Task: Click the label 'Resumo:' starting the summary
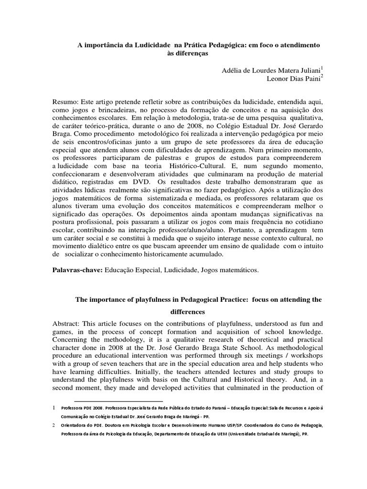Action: tap(65, 102)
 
